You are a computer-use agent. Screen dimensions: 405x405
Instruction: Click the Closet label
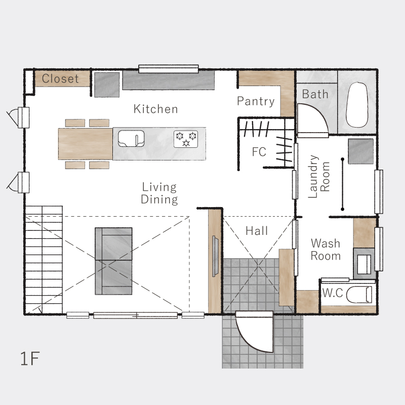pyautogui.click(x=60, y=78)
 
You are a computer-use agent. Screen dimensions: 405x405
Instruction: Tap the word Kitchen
pyautogui.click(x=156, y=109)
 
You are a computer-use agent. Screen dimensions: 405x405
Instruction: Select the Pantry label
pyautogui.click(x=256, y=101)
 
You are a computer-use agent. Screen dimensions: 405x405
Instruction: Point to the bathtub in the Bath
pyautogui.click(x=357, y=105)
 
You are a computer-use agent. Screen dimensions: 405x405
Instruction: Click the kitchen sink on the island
pyautogui.click(x=131, y=138)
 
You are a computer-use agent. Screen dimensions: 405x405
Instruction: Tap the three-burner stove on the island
pyautogui.click(x=186, y=139)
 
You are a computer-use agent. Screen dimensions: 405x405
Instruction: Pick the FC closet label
pyautogui.click(x=259, y=152)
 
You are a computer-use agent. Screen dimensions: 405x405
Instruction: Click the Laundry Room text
pyautogui.click(x=319, y=177)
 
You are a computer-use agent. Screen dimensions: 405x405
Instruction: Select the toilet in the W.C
pyautogui.click(x=359, y=295)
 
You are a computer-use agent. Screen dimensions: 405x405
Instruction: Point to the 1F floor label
pyautogui.click(x=30, y=358)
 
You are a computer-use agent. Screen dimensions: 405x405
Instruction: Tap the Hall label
pyautogui.click(x=257, y=231)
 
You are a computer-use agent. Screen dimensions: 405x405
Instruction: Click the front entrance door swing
pyautogui.click(x=255, y=332)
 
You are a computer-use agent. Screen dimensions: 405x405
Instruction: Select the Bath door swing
pyautogui.click(x=313, y=120)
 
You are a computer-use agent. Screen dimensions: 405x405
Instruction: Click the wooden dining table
pyautogui.click(x=85, y=144)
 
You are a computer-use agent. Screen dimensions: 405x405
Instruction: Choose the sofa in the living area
pyautogui.click(x=113, y=261)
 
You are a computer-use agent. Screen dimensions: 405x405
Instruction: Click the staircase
pyautogui.click(x=44, y=260)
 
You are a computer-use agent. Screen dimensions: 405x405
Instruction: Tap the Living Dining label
pyautogui.click(x=159, y=193)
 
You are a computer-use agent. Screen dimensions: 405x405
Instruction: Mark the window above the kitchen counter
pyautogui.click(x=169, y=69)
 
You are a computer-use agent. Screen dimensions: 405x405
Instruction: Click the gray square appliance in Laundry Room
pyautogui.click(x=361, y=151)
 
